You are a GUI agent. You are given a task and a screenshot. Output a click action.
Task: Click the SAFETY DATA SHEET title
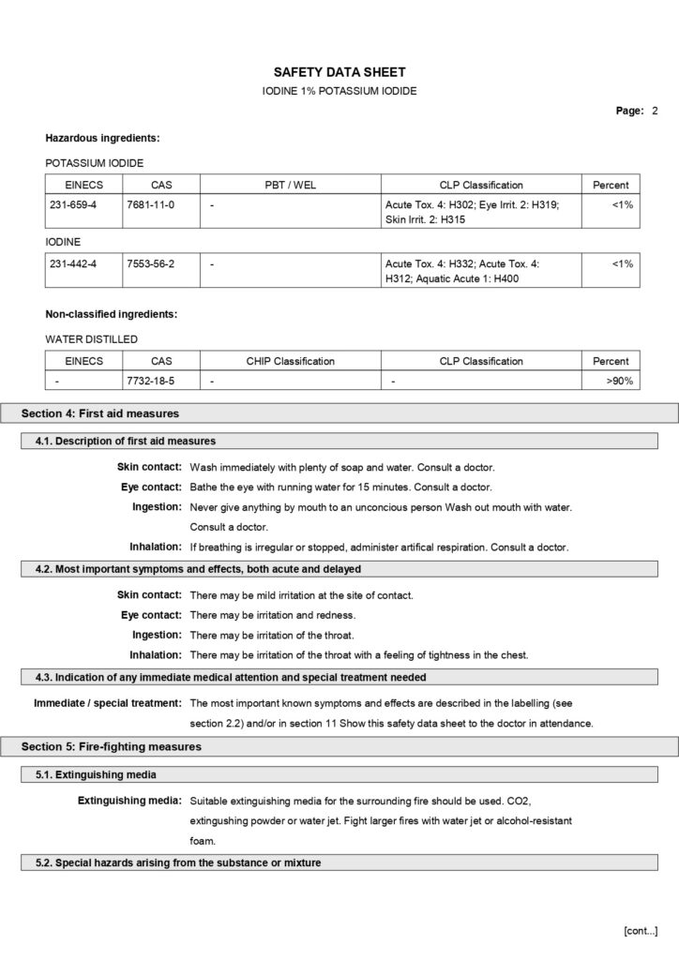(x=339, y=72)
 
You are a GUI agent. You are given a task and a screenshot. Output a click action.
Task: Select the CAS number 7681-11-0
(x=150, y=203)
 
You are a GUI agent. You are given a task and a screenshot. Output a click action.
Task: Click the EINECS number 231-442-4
(x=73, y=264)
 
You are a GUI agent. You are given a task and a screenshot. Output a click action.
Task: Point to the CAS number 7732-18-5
(x=150, y=382)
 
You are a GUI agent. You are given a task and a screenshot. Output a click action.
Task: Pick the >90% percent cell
(x=619, y=382)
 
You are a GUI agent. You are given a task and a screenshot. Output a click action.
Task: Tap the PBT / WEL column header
(x=290, y=185)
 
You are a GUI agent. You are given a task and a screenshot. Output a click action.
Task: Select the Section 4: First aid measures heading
(x=100, y=413)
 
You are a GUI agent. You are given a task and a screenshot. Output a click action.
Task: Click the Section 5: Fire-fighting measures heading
(x=112, y=746)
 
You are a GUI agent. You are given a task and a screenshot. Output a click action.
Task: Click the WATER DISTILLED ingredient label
(x=91, y=339)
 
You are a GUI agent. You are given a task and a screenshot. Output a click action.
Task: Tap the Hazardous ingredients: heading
(x=102, y=139)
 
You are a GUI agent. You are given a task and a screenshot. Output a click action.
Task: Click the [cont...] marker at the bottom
(x=641, y=930)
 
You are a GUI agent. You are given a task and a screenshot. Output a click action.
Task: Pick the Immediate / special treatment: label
(x=108, y=702)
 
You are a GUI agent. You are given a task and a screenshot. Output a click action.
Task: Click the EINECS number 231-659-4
(x=73, y=203)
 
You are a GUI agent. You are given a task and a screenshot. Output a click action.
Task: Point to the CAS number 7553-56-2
(x=150, y=264)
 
